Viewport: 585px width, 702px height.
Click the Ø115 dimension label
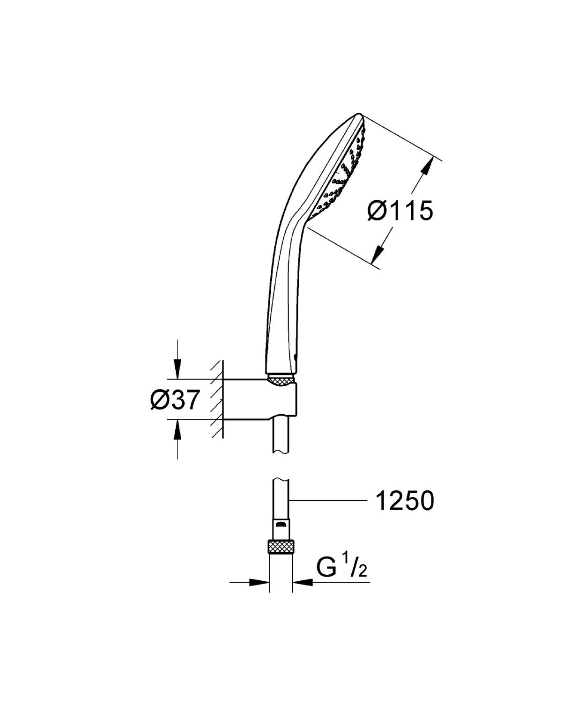[400, 212]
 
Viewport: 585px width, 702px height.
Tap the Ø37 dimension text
[175, 400]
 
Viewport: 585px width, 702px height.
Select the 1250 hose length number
[404, 501]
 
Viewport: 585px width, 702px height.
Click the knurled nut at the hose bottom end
[281, 547]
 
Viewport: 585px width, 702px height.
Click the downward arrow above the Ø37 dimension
[177, 368]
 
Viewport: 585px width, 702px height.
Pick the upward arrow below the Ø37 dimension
[177, 431]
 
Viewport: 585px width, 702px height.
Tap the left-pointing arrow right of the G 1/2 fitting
[303, 583]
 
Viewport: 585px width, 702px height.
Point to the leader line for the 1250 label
[328, 501]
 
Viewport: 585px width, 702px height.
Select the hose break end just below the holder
[281, 451]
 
